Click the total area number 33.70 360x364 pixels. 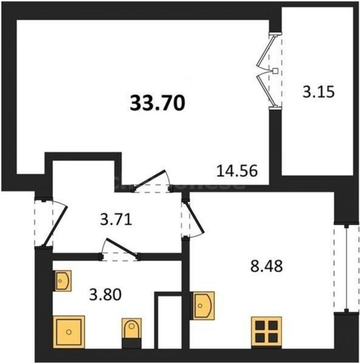pos(158,103)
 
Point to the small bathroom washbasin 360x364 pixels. pos(62,281)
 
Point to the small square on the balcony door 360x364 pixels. pos(274,71)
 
